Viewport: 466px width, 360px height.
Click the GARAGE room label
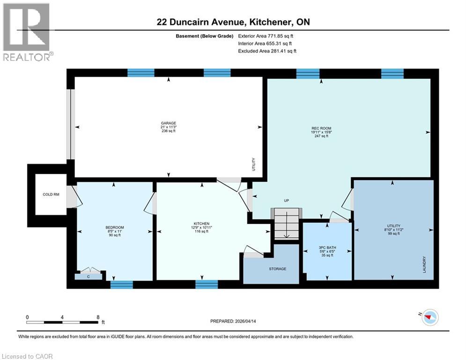coord(169,123)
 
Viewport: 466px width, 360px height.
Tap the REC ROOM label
coord(321,127)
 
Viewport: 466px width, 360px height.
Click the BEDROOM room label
coord(114,227)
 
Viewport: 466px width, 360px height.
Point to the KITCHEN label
coord(202,224)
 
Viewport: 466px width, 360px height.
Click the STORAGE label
coord(277,269)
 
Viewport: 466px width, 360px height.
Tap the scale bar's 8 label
coord(97,317)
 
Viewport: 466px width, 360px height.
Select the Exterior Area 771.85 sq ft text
coord(266,36)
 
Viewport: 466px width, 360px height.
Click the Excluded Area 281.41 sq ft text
coord(267,51)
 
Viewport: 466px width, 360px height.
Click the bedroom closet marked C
coord(89,276)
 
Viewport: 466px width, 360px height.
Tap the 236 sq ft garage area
coord(169,132)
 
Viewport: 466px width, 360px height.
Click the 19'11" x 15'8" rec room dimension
coord(321,132)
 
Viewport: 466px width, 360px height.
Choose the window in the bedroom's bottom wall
coord(121,284)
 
